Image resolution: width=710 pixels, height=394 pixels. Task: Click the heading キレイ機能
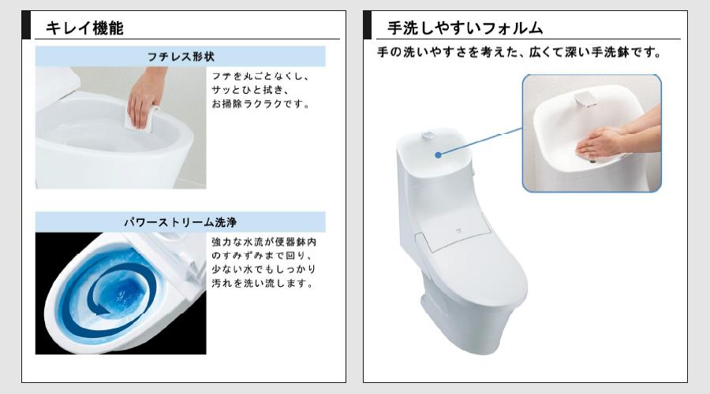point(84,28)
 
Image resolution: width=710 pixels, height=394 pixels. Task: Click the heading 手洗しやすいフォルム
point(465,28)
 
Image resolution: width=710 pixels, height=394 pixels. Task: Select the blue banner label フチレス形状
point(180,57)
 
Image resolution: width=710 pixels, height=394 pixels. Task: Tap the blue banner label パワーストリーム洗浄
point(180,222)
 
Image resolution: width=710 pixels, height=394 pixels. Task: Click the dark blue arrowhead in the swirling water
point(102,310)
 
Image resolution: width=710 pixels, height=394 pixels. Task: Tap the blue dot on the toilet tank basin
point(438,155)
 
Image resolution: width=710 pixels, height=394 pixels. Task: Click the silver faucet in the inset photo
point(585,99)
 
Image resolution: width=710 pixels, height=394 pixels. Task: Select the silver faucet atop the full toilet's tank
point(428,136)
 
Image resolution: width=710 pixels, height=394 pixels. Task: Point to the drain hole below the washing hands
point(592,160)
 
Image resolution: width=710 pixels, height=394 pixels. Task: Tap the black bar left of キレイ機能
point(26,25)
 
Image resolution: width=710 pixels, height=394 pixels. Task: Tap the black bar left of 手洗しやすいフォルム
point(367,25)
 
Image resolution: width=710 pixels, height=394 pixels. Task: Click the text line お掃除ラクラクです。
point(261,104)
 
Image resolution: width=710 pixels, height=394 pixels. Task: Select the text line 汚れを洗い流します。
point(263,284)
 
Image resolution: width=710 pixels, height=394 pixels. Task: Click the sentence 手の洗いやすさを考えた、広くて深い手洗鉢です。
point(519,53)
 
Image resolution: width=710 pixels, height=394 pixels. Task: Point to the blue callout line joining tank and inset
point(480,142)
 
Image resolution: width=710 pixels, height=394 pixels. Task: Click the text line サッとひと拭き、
point(250,90)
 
